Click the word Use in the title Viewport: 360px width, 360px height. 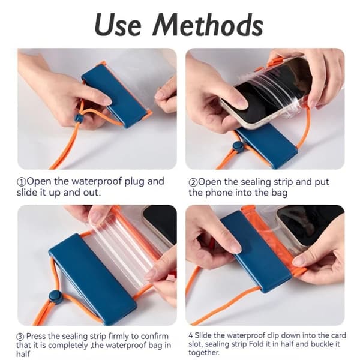(x=118, y=25)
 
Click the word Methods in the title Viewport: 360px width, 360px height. (x=208, y=25)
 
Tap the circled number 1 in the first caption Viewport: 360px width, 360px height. (x=22, y=182)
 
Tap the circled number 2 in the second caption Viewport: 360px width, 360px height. (x=193, y=182)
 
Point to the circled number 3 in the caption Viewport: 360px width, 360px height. (x=20, y=337)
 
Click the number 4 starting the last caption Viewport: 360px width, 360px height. (x=191, y=335)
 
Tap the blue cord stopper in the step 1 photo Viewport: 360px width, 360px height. (x=79, y=118)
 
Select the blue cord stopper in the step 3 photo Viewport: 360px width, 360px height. (x=55, y=296)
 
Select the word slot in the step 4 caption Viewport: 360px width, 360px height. (x=195, y=344)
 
